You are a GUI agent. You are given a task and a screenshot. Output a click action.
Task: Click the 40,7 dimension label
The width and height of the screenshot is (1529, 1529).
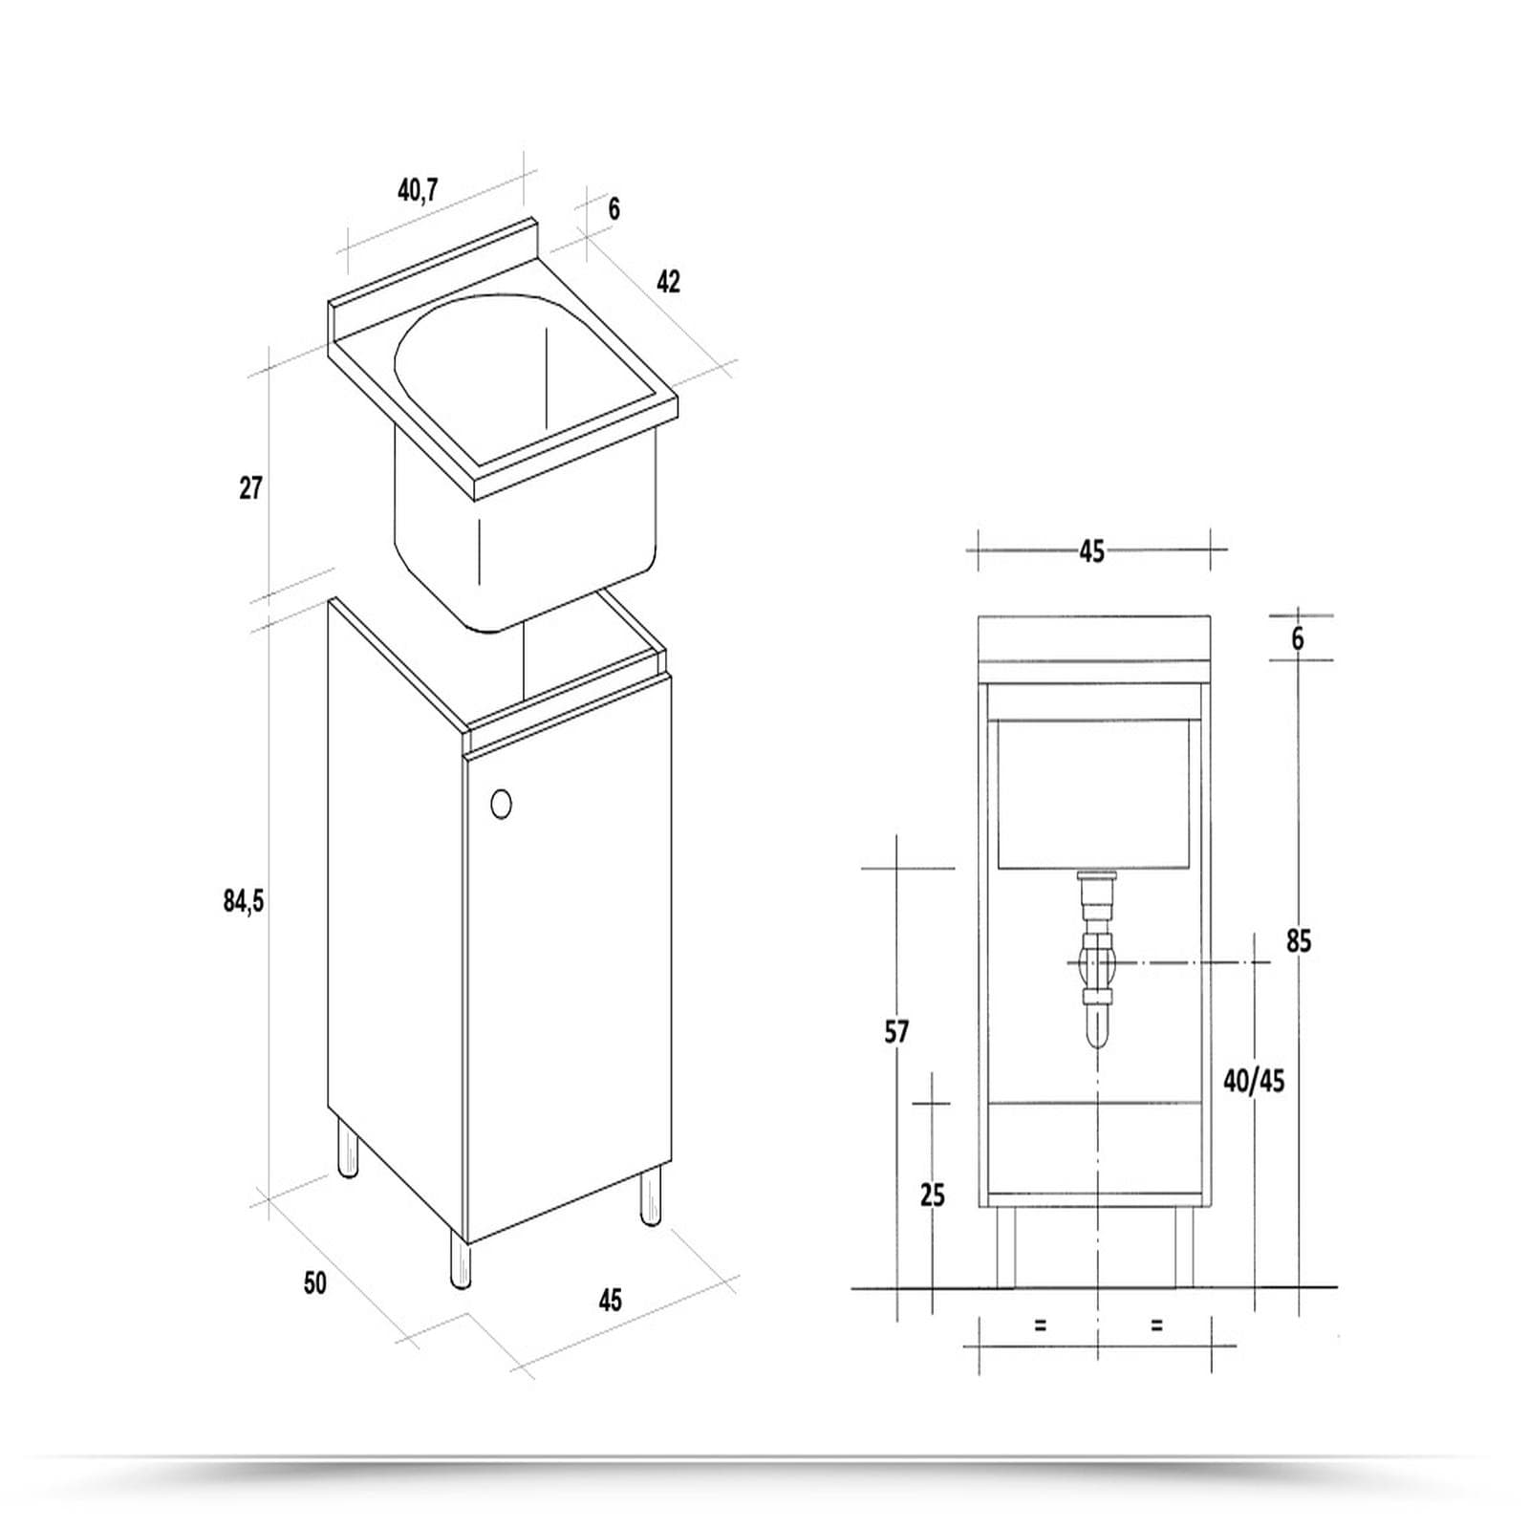point(418,191)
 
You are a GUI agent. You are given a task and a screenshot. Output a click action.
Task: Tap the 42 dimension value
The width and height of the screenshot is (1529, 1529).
point(668,281)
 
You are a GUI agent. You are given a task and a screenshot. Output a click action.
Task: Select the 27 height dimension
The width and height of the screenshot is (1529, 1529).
point(250,488)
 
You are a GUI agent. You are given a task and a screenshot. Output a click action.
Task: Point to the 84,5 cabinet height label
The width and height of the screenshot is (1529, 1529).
point(244,901)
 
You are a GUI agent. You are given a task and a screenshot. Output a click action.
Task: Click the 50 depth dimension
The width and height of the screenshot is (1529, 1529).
point(315,1282)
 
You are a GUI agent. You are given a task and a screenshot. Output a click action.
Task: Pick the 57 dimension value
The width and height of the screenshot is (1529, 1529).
point(896,1032)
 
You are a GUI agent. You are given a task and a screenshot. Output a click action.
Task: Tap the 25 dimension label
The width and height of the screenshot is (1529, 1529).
point(932,1195)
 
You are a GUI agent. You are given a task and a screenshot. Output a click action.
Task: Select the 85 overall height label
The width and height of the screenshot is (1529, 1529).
point(1299,941)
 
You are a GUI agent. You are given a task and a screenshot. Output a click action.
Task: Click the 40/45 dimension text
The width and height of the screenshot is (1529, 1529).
point(1254,1081)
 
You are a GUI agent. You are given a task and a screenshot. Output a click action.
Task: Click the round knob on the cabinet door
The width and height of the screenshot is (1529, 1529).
point(501,805)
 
